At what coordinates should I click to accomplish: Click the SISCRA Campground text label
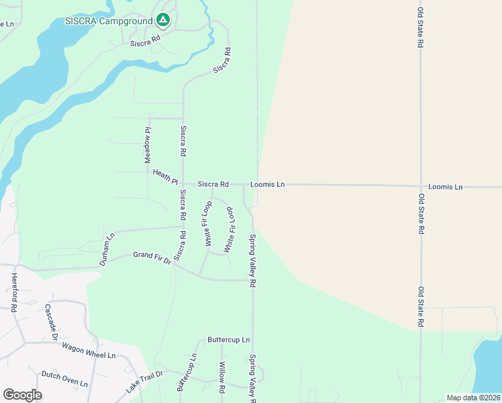point(109,20)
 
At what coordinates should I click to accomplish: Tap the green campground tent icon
point(162,20)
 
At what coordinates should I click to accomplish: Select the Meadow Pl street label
point(148,144)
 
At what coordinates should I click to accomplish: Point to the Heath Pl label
point(165,177)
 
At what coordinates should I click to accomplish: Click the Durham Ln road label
point(107,250)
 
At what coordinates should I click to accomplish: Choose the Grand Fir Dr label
point(152,257)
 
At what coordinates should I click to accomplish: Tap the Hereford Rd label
point(13,292)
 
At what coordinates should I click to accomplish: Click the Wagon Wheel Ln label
point(89,350)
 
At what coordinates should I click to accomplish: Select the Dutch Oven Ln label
point(64,379)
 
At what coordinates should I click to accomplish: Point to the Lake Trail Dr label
point(144,382)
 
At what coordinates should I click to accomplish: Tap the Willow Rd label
point(221,377)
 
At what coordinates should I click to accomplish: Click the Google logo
point(22,395)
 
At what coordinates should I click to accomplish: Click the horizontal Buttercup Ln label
point(228,340)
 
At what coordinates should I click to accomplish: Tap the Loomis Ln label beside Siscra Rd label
point(268,184)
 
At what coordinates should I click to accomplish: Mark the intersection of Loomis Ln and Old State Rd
point(421,186)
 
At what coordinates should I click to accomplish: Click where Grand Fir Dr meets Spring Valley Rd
point(253,280)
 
